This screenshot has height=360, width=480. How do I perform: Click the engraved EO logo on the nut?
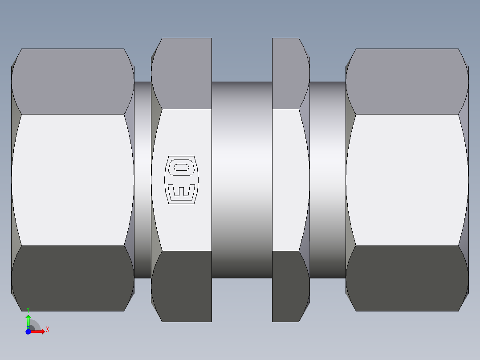coord(182,180)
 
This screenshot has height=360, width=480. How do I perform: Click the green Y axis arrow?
coord(28,319)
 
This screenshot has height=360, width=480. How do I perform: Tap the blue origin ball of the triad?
coord(28,331)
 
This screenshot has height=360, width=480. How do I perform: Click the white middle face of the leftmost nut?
coord(73,180)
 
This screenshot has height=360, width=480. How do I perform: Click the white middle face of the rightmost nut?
coord(407,180)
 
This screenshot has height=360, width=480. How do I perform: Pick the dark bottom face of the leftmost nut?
coord(73,278)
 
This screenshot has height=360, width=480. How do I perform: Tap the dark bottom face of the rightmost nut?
coord(407,278)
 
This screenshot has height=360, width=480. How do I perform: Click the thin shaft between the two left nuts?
coord(142,180)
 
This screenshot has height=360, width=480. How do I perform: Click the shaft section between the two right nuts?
coord(328,180)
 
